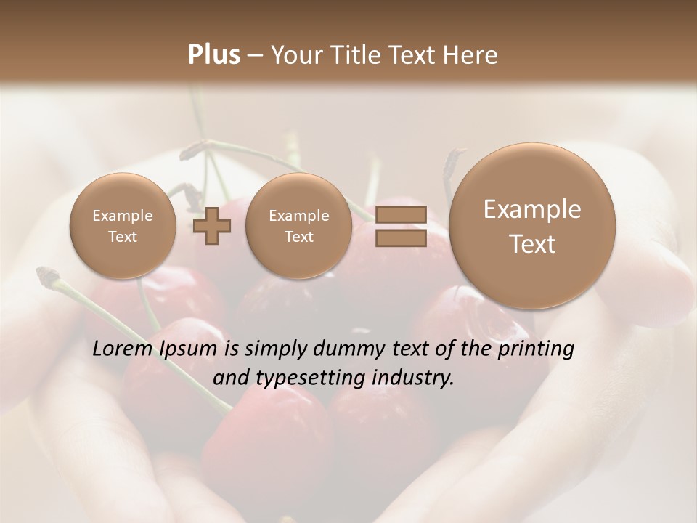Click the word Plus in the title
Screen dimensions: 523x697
(x=213, y=55)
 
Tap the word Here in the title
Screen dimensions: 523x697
(x=471, y=55)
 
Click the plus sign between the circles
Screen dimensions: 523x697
(x=212, y=227)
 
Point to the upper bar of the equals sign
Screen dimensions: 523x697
(x=400, y=214)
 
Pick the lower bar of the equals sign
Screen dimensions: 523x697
(x=400, y=238)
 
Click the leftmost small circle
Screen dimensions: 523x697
(x=123, y=226)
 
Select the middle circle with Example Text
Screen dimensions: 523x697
(x=298, y=226)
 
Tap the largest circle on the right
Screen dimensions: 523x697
(x=532, y=226)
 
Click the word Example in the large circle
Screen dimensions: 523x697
(x=532, y=209)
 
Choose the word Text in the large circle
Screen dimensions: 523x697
(x=532, y=244)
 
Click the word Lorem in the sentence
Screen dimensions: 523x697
(x=122, y=349)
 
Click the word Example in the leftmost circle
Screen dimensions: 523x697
(x=123, y=216)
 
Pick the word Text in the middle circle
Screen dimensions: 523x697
(x=298, y=237)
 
